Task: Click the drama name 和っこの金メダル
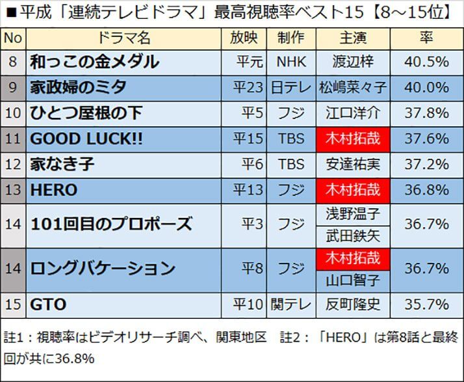coord(94,62)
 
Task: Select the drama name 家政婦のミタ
coord(78,88)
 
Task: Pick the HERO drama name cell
coord(54,190)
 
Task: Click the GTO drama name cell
coord(47,305)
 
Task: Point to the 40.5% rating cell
coord(426,62)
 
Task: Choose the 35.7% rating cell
coord(426,305)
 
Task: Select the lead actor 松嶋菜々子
coord(353,88)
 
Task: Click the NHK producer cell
coord(290,62)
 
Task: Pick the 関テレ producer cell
coord(290,305)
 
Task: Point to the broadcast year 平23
coord(248,88)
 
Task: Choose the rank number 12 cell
coord(13,165)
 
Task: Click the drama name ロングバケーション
coord(103,268)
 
